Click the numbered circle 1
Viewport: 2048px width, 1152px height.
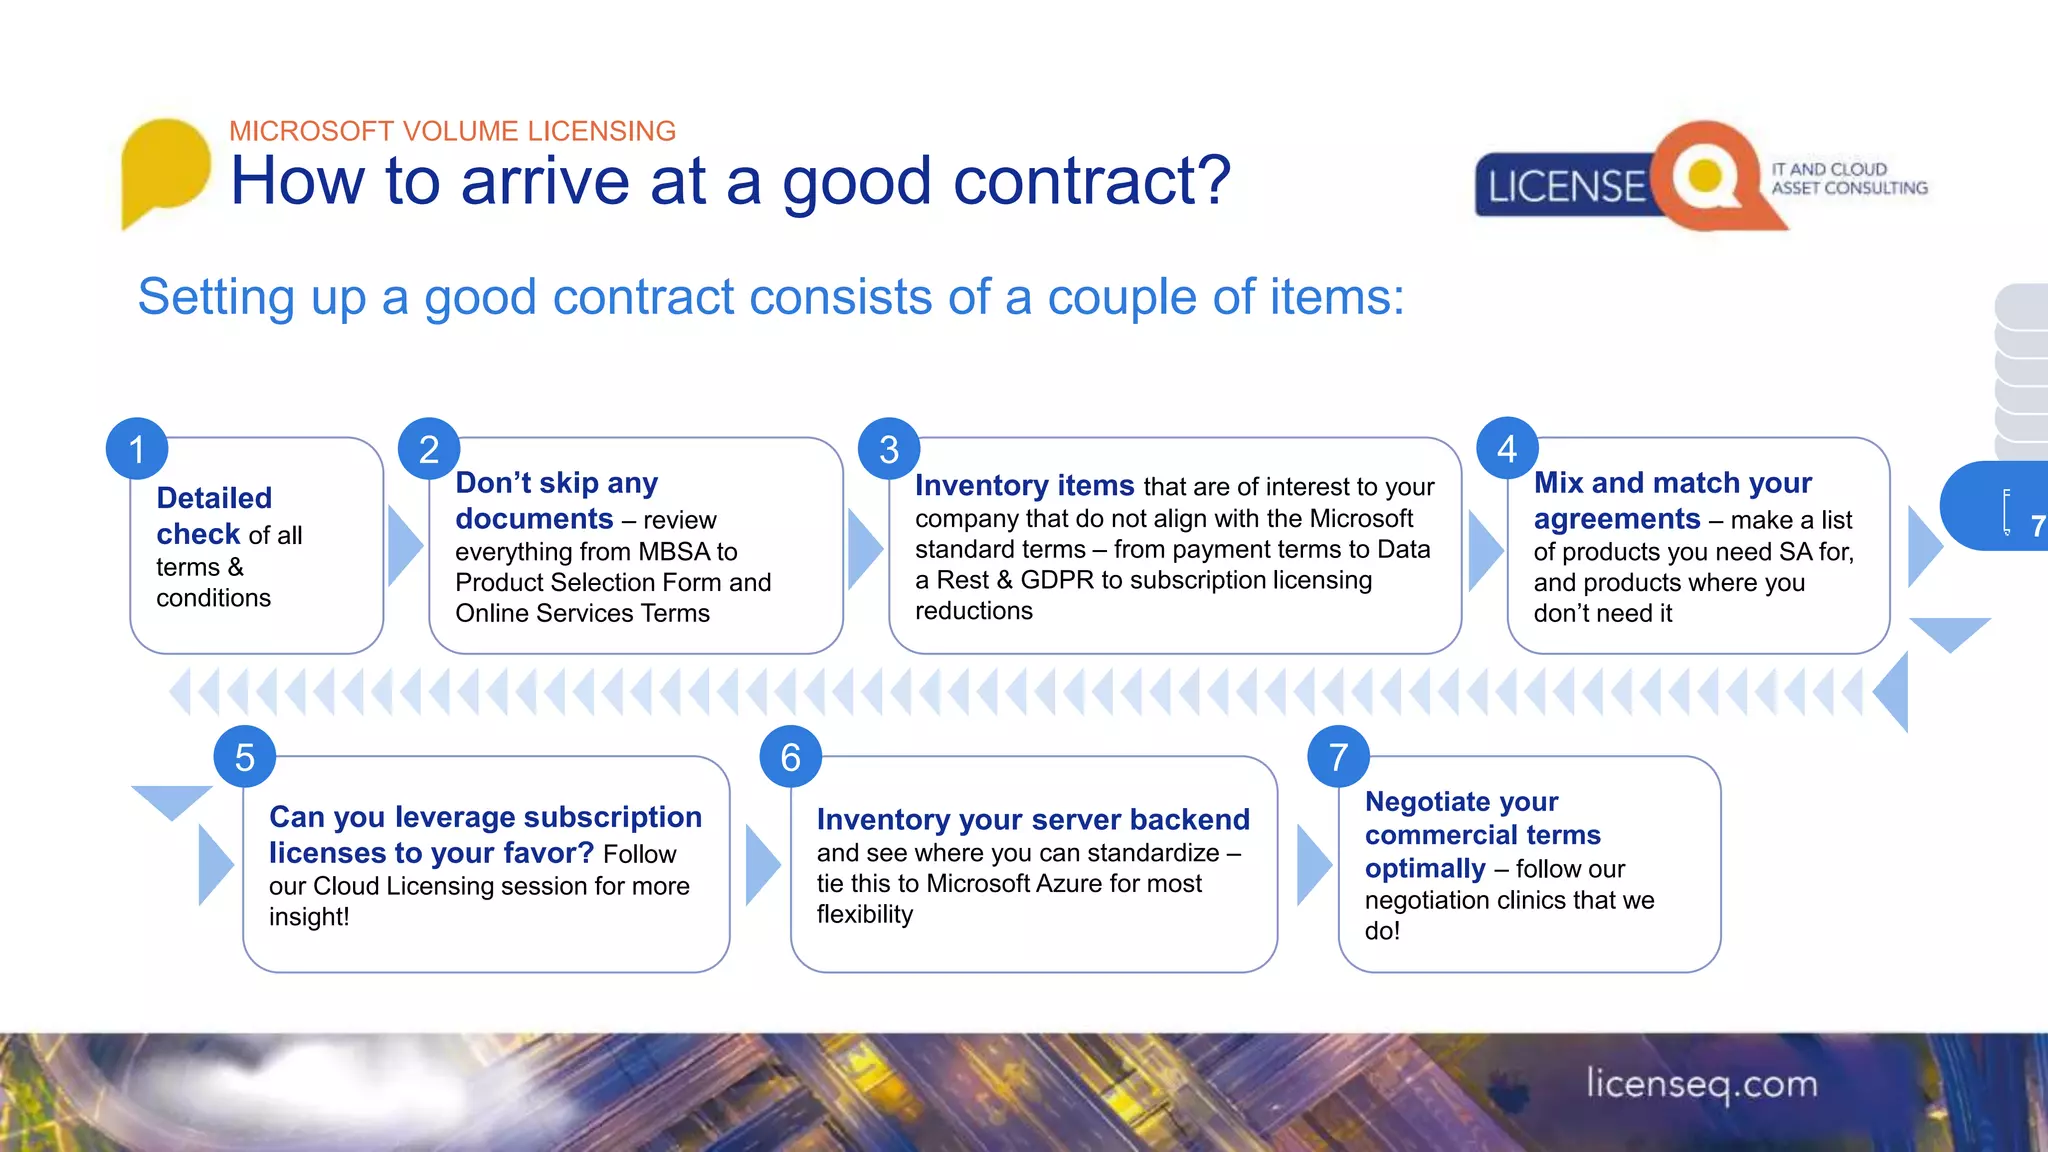137,449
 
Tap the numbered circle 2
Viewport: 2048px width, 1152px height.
429,449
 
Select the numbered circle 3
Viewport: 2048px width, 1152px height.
889,449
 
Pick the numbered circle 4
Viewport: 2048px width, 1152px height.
1507,449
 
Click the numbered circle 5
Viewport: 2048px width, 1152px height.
245,757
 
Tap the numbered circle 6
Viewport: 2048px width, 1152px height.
790,757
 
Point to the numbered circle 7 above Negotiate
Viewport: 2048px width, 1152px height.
1338,757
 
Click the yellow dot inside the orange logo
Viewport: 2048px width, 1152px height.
1704,176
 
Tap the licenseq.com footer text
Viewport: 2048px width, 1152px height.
1701,1084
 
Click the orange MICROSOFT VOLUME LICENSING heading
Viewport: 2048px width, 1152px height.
452,131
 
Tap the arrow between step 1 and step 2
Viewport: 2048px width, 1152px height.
404,545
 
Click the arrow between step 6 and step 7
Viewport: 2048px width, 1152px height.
1313,864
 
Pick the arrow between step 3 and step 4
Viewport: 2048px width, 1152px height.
1484,549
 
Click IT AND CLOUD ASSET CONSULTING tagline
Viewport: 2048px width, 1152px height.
1849,178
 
